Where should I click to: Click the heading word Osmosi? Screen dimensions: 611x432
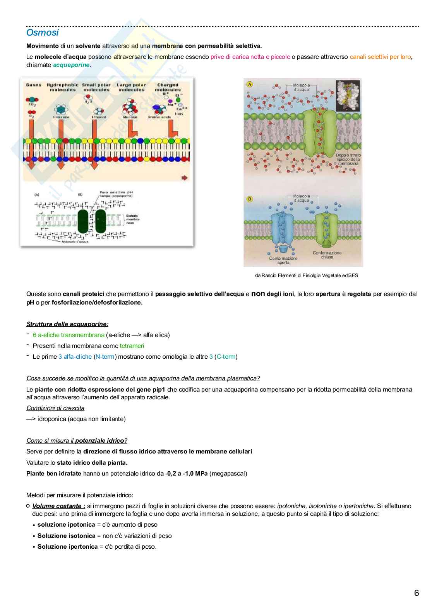click(x=42, y=33)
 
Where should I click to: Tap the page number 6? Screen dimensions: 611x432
click(x=417, y=593)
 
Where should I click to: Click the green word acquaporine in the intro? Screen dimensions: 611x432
click(x=71, y=65)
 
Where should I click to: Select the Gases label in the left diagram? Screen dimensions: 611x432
click(x=34, y=85)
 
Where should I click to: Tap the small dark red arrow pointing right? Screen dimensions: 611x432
click(x=184, y=178)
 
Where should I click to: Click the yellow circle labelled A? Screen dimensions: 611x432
click(x=250, y=84)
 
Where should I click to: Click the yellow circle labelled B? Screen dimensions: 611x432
click(x=250, y=199)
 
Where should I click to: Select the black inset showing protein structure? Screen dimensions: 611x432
click(x=348, y=96)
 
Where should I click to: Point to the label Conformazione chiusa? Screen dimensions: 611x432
click(x=327, y=255)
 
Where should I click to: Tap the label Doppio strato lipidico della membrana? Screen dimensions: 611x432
click(x=348, y=159)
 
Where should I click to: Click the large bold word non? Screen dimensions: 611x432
click(x=258, y=294)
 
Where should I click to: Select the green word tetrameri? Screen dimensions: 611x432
click(x=132, y=346)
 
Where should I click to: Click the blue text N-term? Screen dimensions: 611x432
click(x=105, y=356)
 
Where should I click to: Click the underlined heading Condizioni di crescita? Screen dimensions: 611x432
click(x=55, y=408)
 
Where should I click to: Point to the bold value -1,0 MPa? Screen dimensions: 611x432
click(x=195, y=473)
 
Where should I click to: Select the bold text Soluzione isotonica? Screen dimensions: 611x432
click(x=66, y=536)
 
